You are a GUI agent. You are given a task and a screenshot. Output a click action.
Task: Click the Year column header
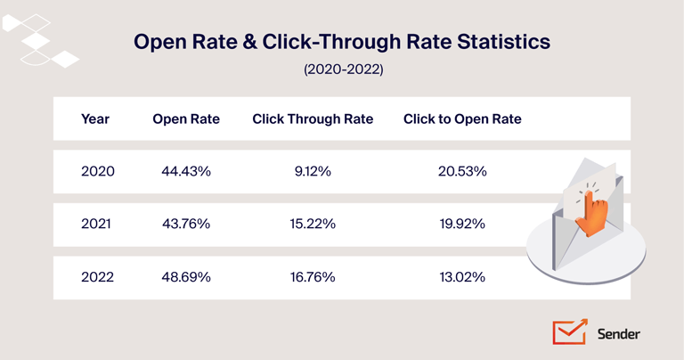click(95, 119)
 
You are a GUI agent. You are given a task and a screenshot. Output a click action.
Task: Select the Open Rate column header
click(186, 119)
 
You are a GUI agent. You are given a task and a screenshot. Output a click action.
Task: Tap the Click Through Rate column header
click(313, 119)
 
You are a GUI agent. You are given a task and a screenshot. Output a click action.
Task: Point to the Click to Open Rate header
click(462, 119)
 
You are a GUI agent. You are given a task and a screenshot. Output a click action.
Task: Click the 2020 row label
click(98, 171)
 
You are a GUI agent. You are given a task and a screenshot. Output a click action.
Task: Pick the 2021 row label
click(96, 224)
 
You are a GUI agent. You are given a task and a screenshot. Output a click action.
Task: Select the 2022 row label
click(98, 276)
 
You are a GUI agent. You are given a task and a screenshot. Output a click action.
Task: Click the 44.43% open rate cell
click(185, 171)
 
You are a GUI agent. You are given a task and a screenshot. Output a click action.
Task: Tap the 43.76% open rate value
click(185, 224)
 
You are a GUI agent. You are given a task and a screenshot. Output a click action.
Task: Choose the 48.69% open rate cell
click(185, 276)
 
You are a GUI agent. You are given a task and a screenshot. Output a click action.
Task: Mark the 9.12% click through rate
click(312, 171)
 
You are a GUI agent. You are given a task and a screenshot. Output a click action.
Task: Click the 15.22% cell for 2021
click(312, 224)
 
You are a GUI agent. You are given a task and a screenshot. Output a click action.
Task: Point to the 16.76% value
click(312, 276)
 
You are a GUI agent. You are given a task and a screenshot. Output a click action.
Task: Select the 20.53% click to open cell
click(461, 171)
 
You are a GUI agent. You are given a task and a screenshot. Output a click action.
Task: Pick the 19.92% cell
click(461, 224)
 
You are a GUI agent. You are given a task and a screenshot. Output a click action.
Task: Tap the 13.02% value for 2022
click(461, 276)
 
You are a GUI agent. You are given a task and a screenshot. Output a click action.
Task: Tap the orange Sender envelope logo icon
click(569, 331)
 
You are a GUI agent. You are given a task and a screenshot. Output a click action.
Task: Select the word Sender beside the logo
click(618, 334)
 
